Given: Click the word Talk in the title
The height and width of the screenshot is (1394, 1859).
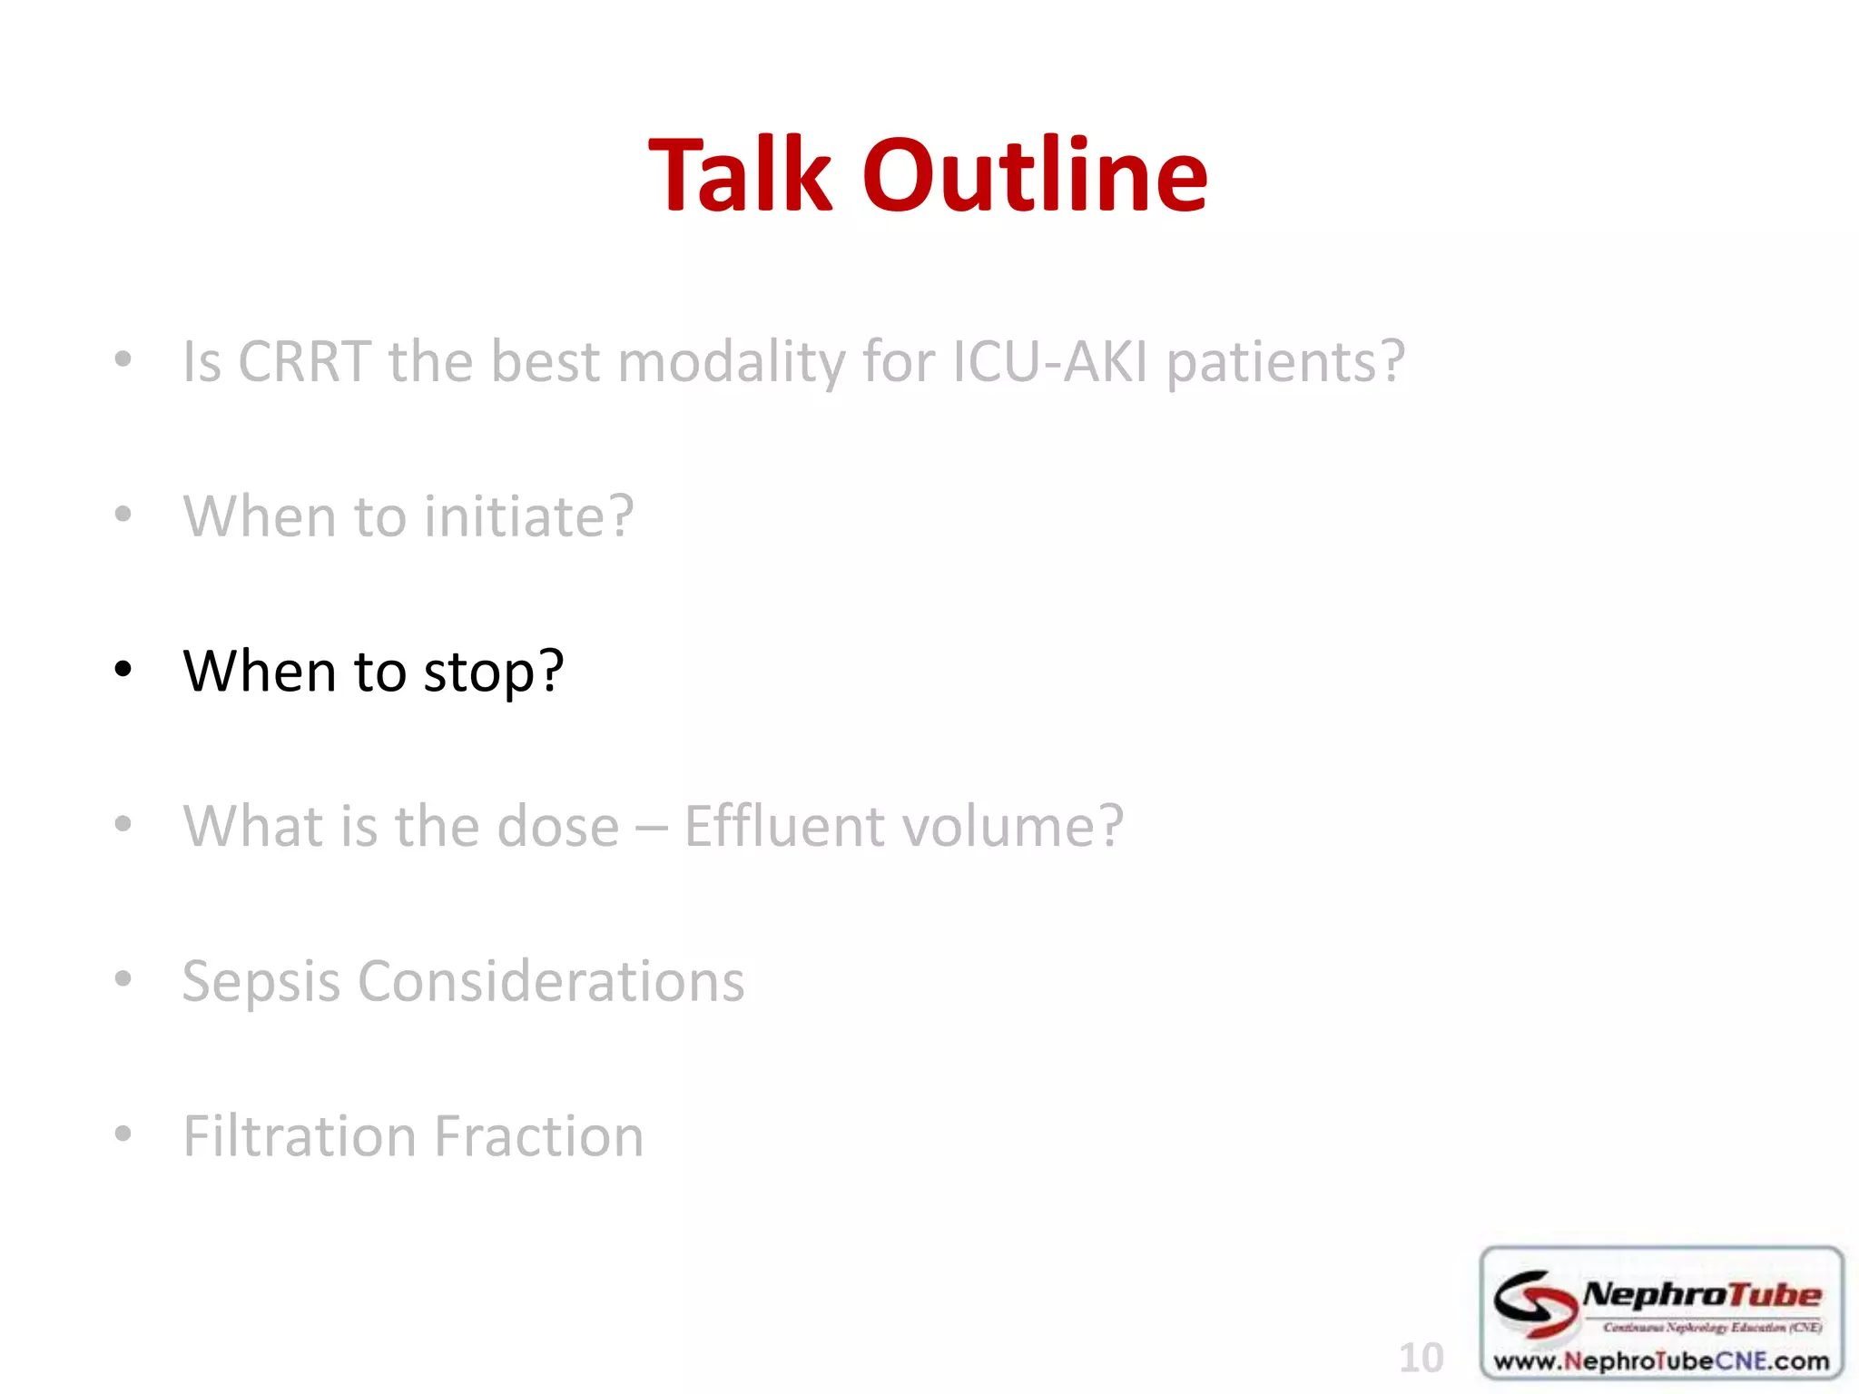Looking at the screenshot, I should pos(740,174).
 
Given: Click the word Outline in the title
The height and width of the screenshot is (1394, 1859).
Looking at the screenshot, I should pos(1035,174).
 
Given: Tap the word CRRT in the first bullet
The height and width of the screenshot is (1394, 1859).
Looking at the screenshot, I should pos(304,361).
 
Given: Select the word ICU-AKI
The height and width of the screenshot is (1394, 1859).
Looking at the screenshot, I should pos(1050,361).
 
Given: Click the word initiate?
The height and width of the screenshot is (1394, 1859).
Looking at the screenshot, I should pos(528,515).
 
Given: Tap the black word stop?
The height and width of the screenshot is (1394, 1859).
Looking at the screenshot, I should pos(494,672).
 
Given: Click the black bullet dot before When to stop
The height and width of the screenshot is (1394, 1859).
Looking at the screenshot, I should pos(123,670).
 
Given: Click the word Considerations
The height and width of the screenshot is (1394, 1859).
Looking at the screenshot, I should pos(551,981).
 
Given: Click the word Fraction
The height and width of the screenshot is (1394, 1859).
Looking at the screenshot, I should pos(538,1136).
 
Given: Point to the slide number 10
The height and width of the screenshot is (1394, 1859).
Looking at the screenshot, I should pos(1421,1358).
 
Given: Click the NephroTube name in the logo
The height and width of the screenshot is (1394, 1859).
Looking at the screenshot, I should pos(1702,1295).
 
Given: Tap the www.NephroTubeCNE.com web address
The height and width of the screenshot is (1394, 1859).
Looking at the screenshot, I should pos(1661,1361).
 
